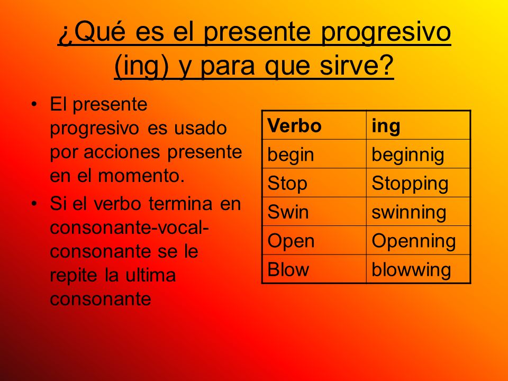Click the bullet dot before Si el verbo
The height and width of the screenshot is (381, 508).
pyautogui.click(x=35, y=203)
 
